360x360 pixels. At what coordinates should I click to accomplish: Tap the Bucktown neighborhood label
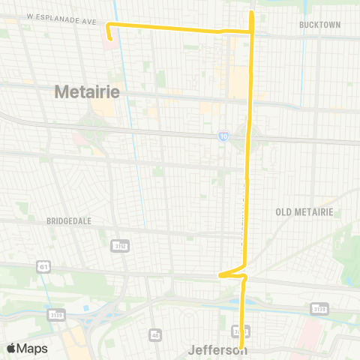click(x=319, y=25)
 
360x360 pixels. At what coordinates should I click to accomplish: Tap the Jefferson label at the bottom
click(x=217, y=350)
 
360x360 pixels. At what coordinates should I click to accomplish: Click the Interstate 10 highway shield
click(x=223, y=136)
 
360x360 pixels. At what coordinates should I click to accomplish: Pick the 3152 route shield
click(x=119, y=245)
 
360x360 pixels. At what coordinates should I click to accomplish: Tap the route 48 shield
click(x=155, y=334)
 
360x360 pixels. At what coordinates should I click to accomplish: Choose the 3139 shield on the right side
click(x=319, y=307)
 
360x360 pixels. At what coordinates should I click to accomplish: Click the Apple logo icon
click(x=11, y=348)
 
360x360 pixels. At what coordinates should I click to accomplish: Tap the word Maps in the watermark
click(x=33, y=348)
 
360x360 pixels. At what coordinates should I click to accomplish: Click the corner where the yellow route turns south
click(x=251, y=31)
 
